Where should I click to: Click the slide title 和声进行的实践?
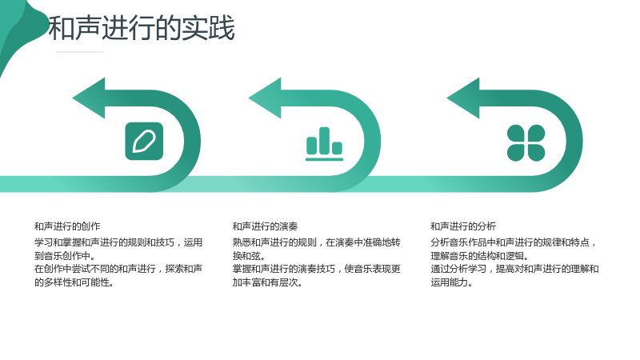142,28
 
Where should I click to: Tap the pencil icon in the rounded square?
144,142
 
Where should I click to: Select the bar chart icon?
325,144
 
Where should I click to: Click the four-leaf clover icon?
526,143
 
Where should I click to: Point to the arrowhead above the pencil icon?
89,98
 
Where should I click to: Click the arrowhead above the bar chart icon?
265,98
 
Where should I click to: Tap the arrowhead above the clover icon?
463,98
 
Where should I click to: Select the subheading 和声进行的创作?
67,226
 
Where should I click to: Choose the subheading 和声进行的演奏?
266,226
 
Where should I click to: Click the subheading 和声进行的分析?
463,226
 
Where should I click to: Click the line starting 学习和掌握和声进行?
118,242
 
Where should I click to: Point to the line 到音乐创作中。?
66,256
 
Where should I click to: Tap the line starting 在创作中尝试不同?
118,269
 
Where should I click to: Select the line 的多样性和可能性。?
74,282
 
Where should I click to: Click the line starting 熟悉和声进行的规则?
317,242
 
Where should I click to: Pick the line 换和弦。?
250,256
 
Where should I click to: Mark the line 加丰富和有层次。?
268,282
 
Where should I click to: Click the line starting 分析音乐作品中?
514,242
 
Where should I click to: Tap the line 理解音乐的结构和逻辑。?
480,256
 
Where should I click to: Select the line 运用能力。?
452,282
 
